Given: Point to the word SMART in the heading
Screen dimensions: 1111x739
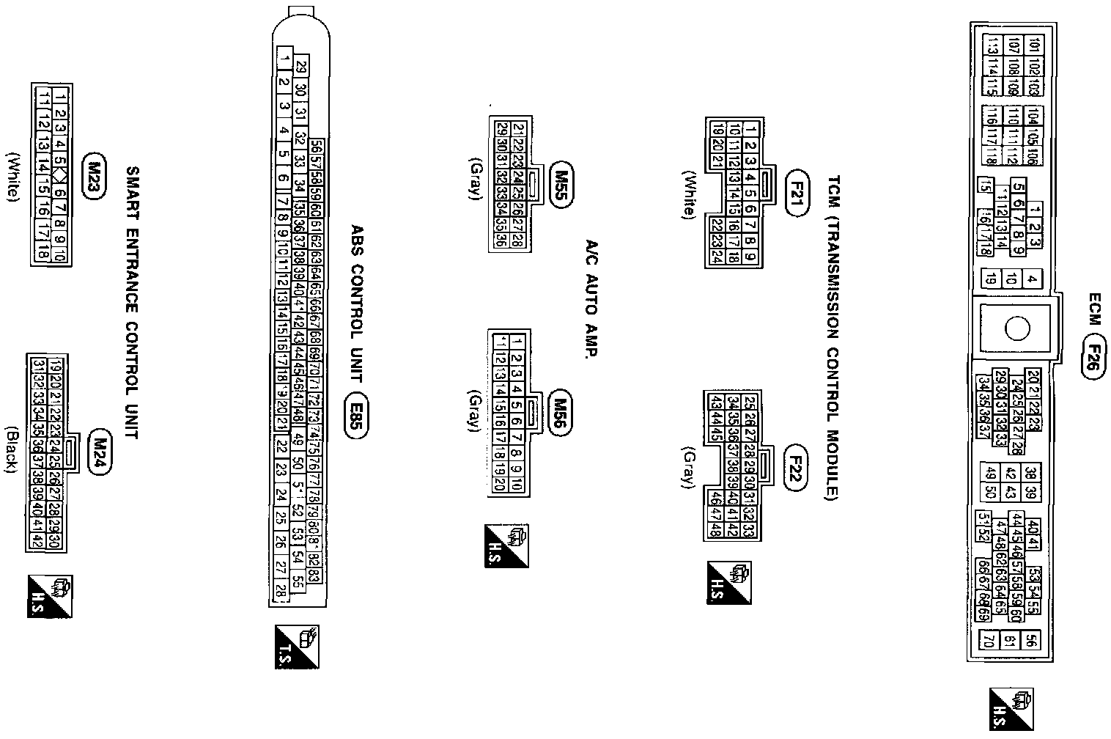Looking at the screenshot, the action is coord(133,191).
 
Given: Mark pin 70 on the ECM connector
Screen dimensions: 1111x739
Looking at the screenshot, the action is coord(988,640).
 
